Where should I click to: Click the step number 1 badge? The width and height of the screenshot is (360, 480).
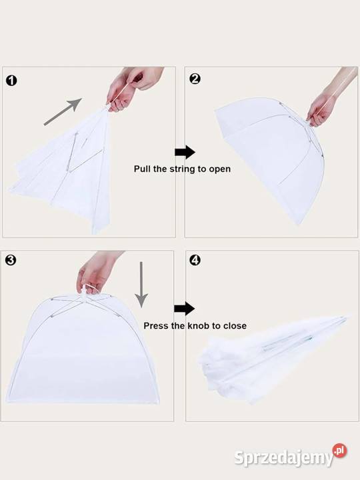[x=11, y=81]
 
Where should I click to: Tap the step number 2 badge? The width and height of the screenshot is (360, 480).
[x=195, y=79]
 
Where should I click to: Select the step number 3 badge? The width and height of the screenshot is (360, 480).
[x=11, y=260]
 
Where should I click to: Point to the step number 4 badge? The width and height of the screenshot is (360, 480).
[x=195, y=260]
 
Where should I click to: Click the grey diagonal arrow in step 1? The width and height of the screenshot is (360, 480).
[x=63, y=112]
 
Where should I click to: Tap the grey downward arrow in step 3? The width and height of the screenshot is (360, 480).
[x=141, y=285]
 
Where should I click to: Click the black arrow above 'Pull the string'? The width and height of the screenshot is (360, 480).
[x=185, y=152]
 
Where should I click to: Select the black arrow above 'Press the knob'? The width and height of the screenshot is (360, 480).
[x=184, y=309]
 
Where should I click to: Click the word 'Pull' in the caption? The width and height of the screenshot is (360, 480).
[x=142, y=169]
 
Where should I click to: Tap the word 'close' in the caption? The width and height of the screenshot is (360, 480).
[x=235, y=326]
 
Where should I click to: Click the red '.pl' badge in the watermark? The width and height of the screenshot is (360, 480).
[x=340, y=451]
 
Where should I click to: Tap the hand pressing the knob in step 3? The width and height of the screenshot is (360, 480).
[x=97, y=273]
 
